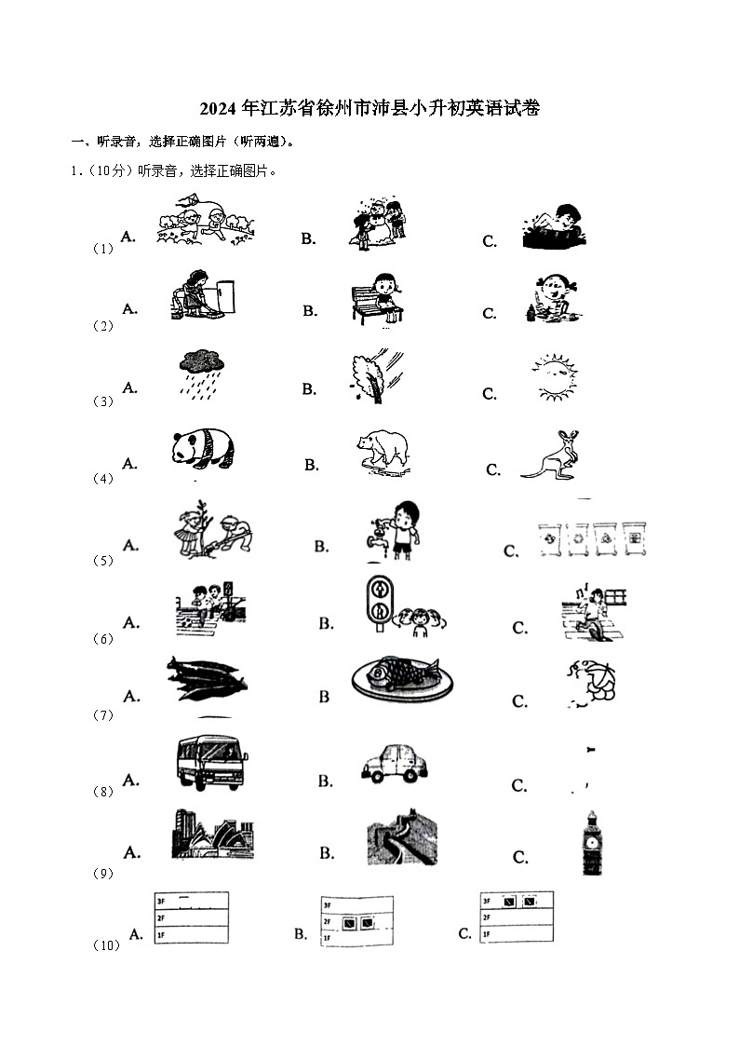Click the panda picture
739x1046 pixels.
(203, 447)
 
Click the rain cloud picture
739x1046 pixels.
(201, 374)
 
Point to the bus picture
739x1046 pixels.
(212, 763)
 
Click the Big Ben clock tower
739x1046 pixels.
(591, 843)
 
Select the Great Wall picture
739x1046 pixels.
(402, 837)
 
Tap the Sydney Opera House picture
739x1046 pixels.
(213, 834)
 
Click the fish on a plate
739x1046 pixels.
(402, 678)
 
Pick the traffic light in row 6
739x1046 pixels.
(379, 603)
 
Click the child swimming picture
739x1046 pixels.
(555, 227)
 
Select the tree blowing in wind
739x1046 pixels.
(377, 376)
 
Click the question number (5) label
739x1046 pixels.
(102, 561)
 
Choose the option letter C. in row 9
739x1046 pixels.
(520, 857)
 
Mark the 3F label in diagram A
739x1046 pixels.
(161, 902)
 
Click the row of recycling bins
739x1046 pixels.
(592, 539)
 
